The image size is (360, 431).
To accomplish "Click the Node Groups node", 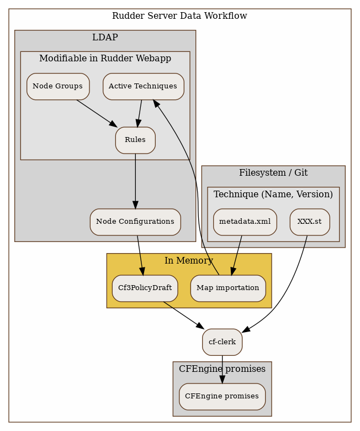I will [58, 86].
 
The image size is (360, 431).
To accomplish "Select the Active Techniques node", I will [143, 86].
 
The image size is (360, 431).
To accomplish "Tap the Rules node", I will [135, 140].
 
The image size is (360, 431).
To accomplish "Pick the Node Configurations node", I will [135, 222].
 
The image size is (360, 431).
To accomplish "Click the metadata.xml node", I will [245, 222].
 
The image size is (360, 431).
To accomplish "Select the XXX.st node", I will [309, 222].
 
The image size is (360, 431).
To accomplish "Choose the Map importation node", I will [228, 288].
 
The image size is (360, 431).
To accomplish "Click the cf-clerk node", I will [222, 342].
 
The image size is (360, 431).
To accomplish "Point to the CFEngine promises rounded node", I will [222, 396].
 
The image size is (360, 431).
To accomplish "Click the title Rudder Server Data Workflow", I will [179, 15].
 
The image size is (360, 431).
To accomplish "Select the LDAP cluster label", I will [105, 37].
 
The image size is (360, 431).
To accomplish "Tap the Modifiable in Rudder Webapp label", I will [105, 58].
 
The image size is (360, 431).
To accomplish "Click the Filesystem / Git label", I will [273, 172].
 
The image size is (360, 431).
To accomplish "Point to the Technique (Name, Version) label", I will [273, 194].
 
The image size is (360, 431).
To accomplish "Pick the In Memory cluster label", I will [189, 260].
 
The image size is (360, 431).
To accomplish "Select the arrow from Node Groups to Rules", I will [97, 113].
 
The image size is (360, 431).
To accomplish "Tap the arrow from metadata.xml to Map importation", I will [237, 255].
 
